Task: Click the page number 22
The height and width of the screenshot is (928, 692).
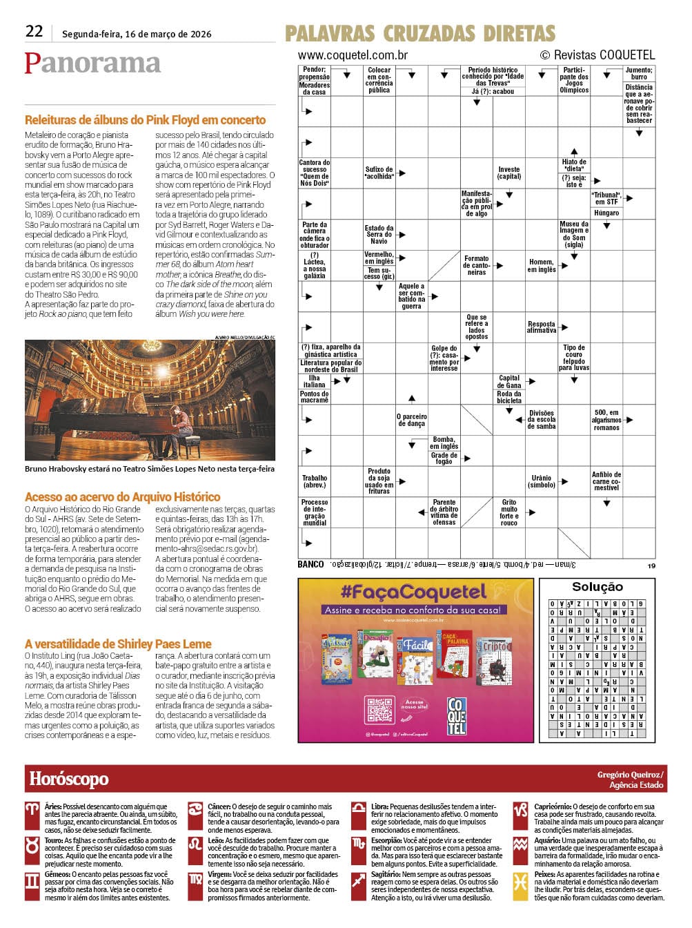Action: (x=34, y=31)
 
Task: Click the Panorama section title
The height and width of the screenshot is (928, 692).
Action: (x=92, y=63)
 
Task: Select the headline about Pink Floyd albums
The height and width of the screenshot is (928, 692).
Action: (x=145, y=120)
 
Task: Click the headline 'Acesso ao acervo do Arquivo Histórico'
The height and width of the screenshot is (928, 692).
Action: (x=122, y=496)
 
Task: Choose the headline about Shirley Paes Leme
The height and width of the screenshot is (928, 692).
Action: (x=118, y=644)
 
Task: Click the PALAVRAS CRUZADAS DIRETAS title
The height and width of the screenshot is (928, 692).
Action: (x=419, y=33)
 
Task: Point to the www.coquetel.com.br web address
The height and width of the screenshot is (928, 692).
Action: (x=353, y=55)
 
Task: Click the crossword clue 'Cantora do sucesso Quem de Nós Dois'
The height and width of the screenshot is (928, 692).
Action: (x=315, y=173)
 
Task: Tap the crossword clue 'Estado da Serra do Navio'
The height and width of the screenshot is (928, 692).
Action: (x=379, y=235)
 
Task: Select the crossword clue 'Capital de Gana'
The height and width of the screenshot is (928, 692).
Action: (x=509, y=381)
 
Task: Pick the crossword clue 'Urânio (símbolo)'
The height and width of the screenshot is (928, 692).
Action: (x=542, y=481)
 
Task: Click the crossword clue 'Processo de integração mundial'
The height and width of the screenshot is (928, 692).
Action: (x=315, y=512)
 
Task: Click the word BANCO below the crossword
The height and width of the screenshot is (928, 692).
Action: (x=310, y=564)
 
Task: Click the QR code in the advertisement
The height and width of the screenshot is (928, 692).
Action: (x=379, y=710)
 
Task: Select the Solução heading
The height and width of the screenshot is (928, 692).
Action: (x=597, y=587)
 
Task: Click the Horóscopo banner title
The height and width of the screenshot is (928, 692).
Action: (x=69, y=779)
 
